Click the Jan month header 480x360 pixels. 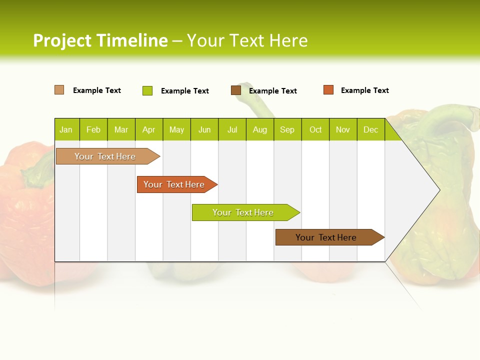pyautogui.click(x=66, y=129)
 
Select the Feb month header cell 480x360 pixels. pyautogui.click(x=93, y=129)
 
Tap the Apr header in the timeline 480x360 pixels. pyautogui.click(x=149, y=129)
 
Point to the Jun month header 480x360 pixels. pyautogui.click(x=204, y=129)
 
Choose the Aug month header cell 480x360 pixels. pyautogui.click(x=260, y=129)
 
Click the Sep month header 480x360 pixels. pyautogui.click(x=287, y=129)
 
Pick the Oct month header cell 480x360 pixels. pyautogui.click(x=315, y=129)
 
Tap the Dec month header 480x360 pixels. pyautogui.click(x=371, y=129)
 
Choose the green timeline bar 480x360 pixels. pyautogui.click(x=243, y=212)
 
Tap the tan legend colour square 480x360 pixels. pyautogui.click(x=59, y=90)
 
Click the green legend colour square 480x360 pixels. pyautogui.click(x=147, y=90)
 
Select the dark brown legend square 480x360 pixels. pyautogui.click(x=236, y=90)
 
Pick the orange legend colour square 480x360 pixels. pyautogui.click(x=328, y=90)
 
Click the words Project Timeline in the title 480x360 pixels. pyautogui.click(x=100, y=40)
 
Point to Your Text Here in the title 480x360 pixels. pyautogui.click(x=247, y=40)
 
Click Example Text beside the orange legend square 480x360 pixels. pyautogui.click(x=364, y=90)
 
